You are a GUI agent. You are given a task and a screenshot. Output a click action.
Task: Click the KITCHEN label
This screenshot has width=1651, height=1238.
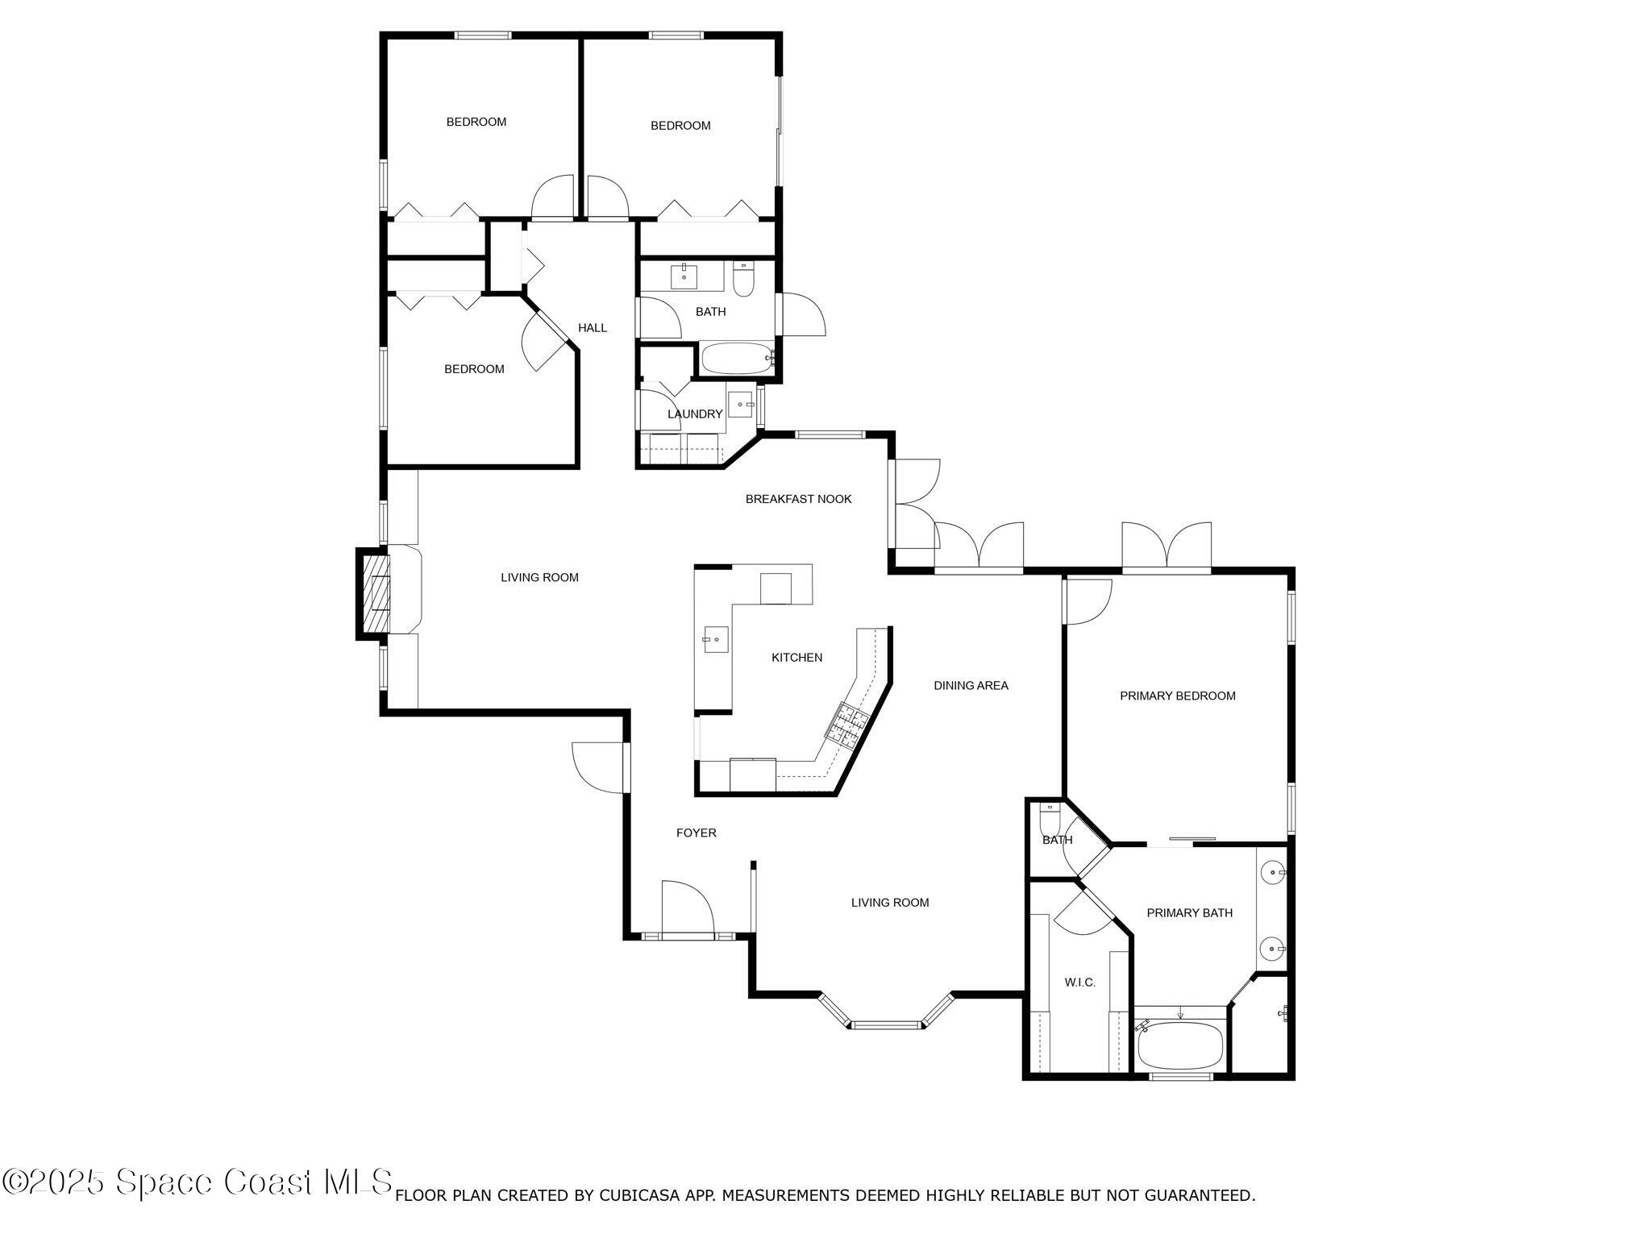coord(796,658)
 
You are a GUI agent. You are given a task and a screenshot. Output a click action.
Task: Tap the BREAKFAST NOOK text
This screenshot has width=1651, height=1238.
coord(798,499)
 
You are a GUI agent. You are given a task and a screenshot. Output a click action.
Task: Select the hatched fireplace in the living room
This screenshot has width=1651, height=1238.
coord(376,593)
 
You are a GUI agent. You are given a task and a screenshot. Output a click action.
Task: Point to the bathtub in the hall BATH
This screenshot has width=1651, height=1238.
coord(737,359)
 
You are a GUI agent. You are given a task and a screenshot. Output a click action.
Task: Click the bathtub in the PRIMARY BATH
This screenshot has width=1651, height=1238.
coord(1179,1045)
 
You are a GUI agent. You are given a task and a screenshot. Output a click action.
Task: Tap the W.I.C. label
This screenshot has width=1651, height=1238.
coord(1079,983)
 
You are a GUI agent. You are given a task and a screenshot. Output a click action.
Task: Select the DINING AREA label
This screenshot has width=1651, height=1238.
coord(971,686)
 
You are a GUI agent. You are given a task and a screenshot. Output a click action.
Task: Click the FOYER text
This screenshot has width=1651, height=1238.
coord(696,833)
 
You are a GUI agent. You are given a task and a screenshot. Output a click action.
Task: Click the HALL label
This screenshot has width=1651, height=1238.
coord(593,328)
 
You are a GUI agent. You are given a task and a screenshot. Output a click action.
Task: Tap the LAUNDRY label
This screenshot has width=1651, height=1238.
coord(694,414)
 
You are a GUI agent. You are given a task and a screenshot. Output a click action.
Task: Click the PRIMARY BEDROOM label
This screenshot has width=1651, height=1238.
coord(1177,696)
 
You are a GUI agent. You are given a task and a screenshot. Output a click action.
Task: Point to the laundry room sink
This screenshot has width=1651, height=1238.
coord(740,403)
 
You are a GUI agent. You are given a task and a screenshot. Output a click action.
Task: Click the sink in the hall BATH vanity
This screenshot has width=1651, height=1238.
coord(684,275)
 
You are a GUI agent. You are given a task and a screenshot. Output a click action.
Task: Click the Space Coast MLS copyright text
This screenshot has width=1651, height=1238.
coord(198,1182)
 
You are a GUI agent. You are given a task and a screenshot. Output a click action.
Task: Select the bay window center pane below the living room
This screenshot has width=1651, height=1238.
coord(886,1025)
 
